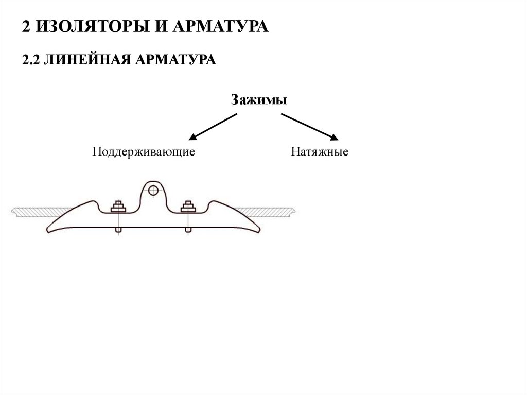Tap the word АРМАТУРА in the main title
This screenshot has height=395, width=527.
[x=220, y=26]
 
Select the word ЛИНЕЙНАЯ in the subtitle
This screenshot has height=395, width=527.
[x=87, y=60]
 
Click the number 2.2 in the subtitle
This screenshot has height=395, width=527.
[x=30, y=60]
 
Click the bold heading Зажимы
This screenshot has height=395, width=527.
[x=259, y=100]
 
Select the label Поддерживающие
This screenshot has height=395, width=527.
[x=144, y=152]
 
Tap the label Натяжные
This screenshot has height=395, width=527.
[x=319, y=151]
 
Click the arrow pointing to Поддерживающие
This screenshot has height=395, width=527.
[x=213, y=127]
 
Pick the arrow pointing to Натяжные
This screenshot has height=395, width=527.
[x=310, y=127]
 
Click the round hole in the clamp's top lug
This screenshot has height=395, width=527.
[x=153, y=191]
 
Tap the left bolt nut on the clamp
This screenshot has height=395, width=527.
[x=118, y=207]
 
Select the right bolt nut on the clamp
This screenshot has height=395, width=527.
[x=188, y=207]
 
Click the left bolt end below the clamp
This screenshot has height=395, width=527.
[x=118, y=230]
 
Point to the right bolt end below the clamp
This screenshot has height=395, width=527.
[x=188, y=230]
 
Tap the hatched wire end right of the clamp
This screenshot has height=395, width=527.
[x=266, y=212]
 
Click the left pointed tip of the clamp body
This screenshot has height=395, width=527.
[x=47, y=231]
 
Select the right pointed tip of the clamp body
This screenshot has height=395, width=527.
[x=260, y=231]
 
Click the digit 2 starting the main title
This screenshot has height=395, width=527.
[x=26, y=27]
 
